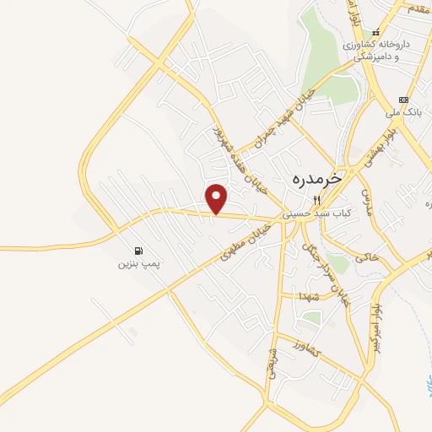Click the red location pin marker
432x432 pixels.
[x=218, y=198]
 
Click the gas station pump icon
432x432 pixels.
[x=138, y=251]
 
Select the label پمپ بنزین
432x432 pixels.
[x=138, y=265]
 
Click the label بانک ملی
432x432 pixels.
[x=408, y=111]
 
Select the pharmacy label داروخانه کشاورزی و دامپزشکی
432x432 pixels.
[x=376, y=49]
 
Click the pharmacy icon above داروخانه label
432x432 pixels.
[x=376, y=33]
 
